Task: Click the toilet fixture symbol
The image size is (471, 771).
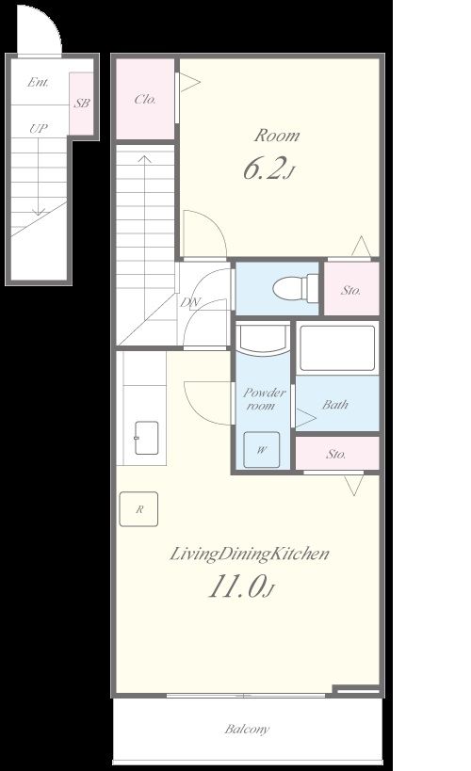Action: click(x=295, y=288)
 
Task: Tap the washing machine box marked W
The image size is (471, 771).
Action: click(x=262, y=449)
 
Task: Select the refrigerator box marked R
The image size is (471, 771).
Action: click(x=138, y=509)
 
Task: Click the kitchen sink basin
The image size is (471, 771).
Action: click(x=146, y=438)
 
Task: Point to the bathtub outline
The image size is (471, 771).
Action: click(x=337, y=348)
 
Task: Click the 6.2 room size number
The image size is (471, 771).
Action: click(x=268, y=169)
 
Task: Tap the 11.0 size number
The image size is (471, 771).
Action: click(x=241, y=586)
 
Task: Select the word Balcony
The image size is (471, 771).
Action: click(x=247, y=729)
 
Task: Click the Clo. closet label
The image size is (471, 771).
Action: click(x=145, y=100)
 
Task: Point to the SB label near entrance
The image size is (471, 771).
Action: click(x=82, y=104)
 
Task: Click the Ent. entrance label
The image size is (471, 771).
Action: click(x=38, y=82)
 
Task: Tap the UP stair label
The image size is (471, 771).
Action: click(x=39, y=129)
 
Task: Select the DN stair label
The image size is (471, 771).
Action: click(x=190, y=302)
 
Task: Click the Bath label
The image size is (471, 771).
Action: click(x=335, y=405)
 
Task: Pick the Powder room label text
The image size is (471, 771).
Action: click(x=265, y=399)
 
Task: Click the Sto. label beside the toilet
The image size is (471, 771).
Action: click(x=351, y=290)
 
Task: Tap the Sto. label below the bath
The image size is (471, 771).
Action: click(x=336, y=454)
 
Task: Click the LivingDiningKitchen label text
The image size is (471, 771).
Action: click(x=250, y=554)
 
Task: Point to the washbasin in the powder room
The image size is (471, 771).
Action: click(x=262, y=339)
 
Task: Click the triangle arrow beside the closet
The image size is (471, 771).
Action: click(x=190, y=82)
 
